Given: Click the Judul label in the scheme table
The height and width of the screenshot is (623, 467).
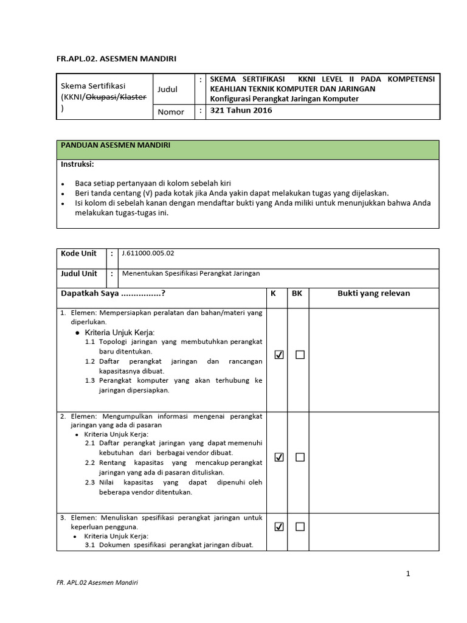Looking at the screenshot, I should click(x=168, y=89).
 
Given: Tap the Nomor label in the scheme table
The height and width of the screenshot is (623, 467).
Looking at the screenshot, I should click(x=171, y=112).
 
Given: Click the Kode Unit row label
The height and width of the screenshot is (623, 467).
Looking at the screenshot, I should click(x=78, y=254).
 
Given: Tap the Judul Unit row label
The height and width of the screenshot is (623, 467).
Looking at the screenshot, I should click(x=80, y=274).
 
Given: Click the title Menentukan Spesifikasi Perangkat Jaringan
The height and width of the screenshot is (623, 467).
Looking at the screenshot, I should click(x=191, y=274).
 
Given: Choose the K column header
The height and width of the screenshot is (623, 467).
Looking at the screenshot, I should click(x=273, y=294).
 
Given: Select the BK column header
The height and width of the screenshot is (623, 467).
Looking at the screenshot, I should click(x=297, y=294).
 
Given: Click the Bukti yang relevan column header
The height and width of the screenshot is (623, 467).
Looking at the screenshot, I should click(x=373, y=294).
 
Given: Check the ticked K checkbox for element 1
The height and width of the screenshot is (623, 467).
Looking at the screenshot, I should click(x=279, y=355).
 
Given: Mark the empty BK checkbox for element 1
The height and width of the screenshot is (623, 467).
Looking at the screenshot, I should click(x=300, y=355).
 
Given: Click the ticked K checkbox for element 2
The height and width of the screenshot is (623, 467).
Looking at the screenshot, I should click(x=279, y=458).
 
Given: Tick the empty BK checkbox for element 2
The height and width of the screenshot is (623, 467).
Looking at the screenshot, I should click(x=300, y=458).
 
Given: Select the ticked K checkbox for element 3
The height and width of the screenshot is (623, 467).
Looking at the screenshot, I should click(x=279, y=527).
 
